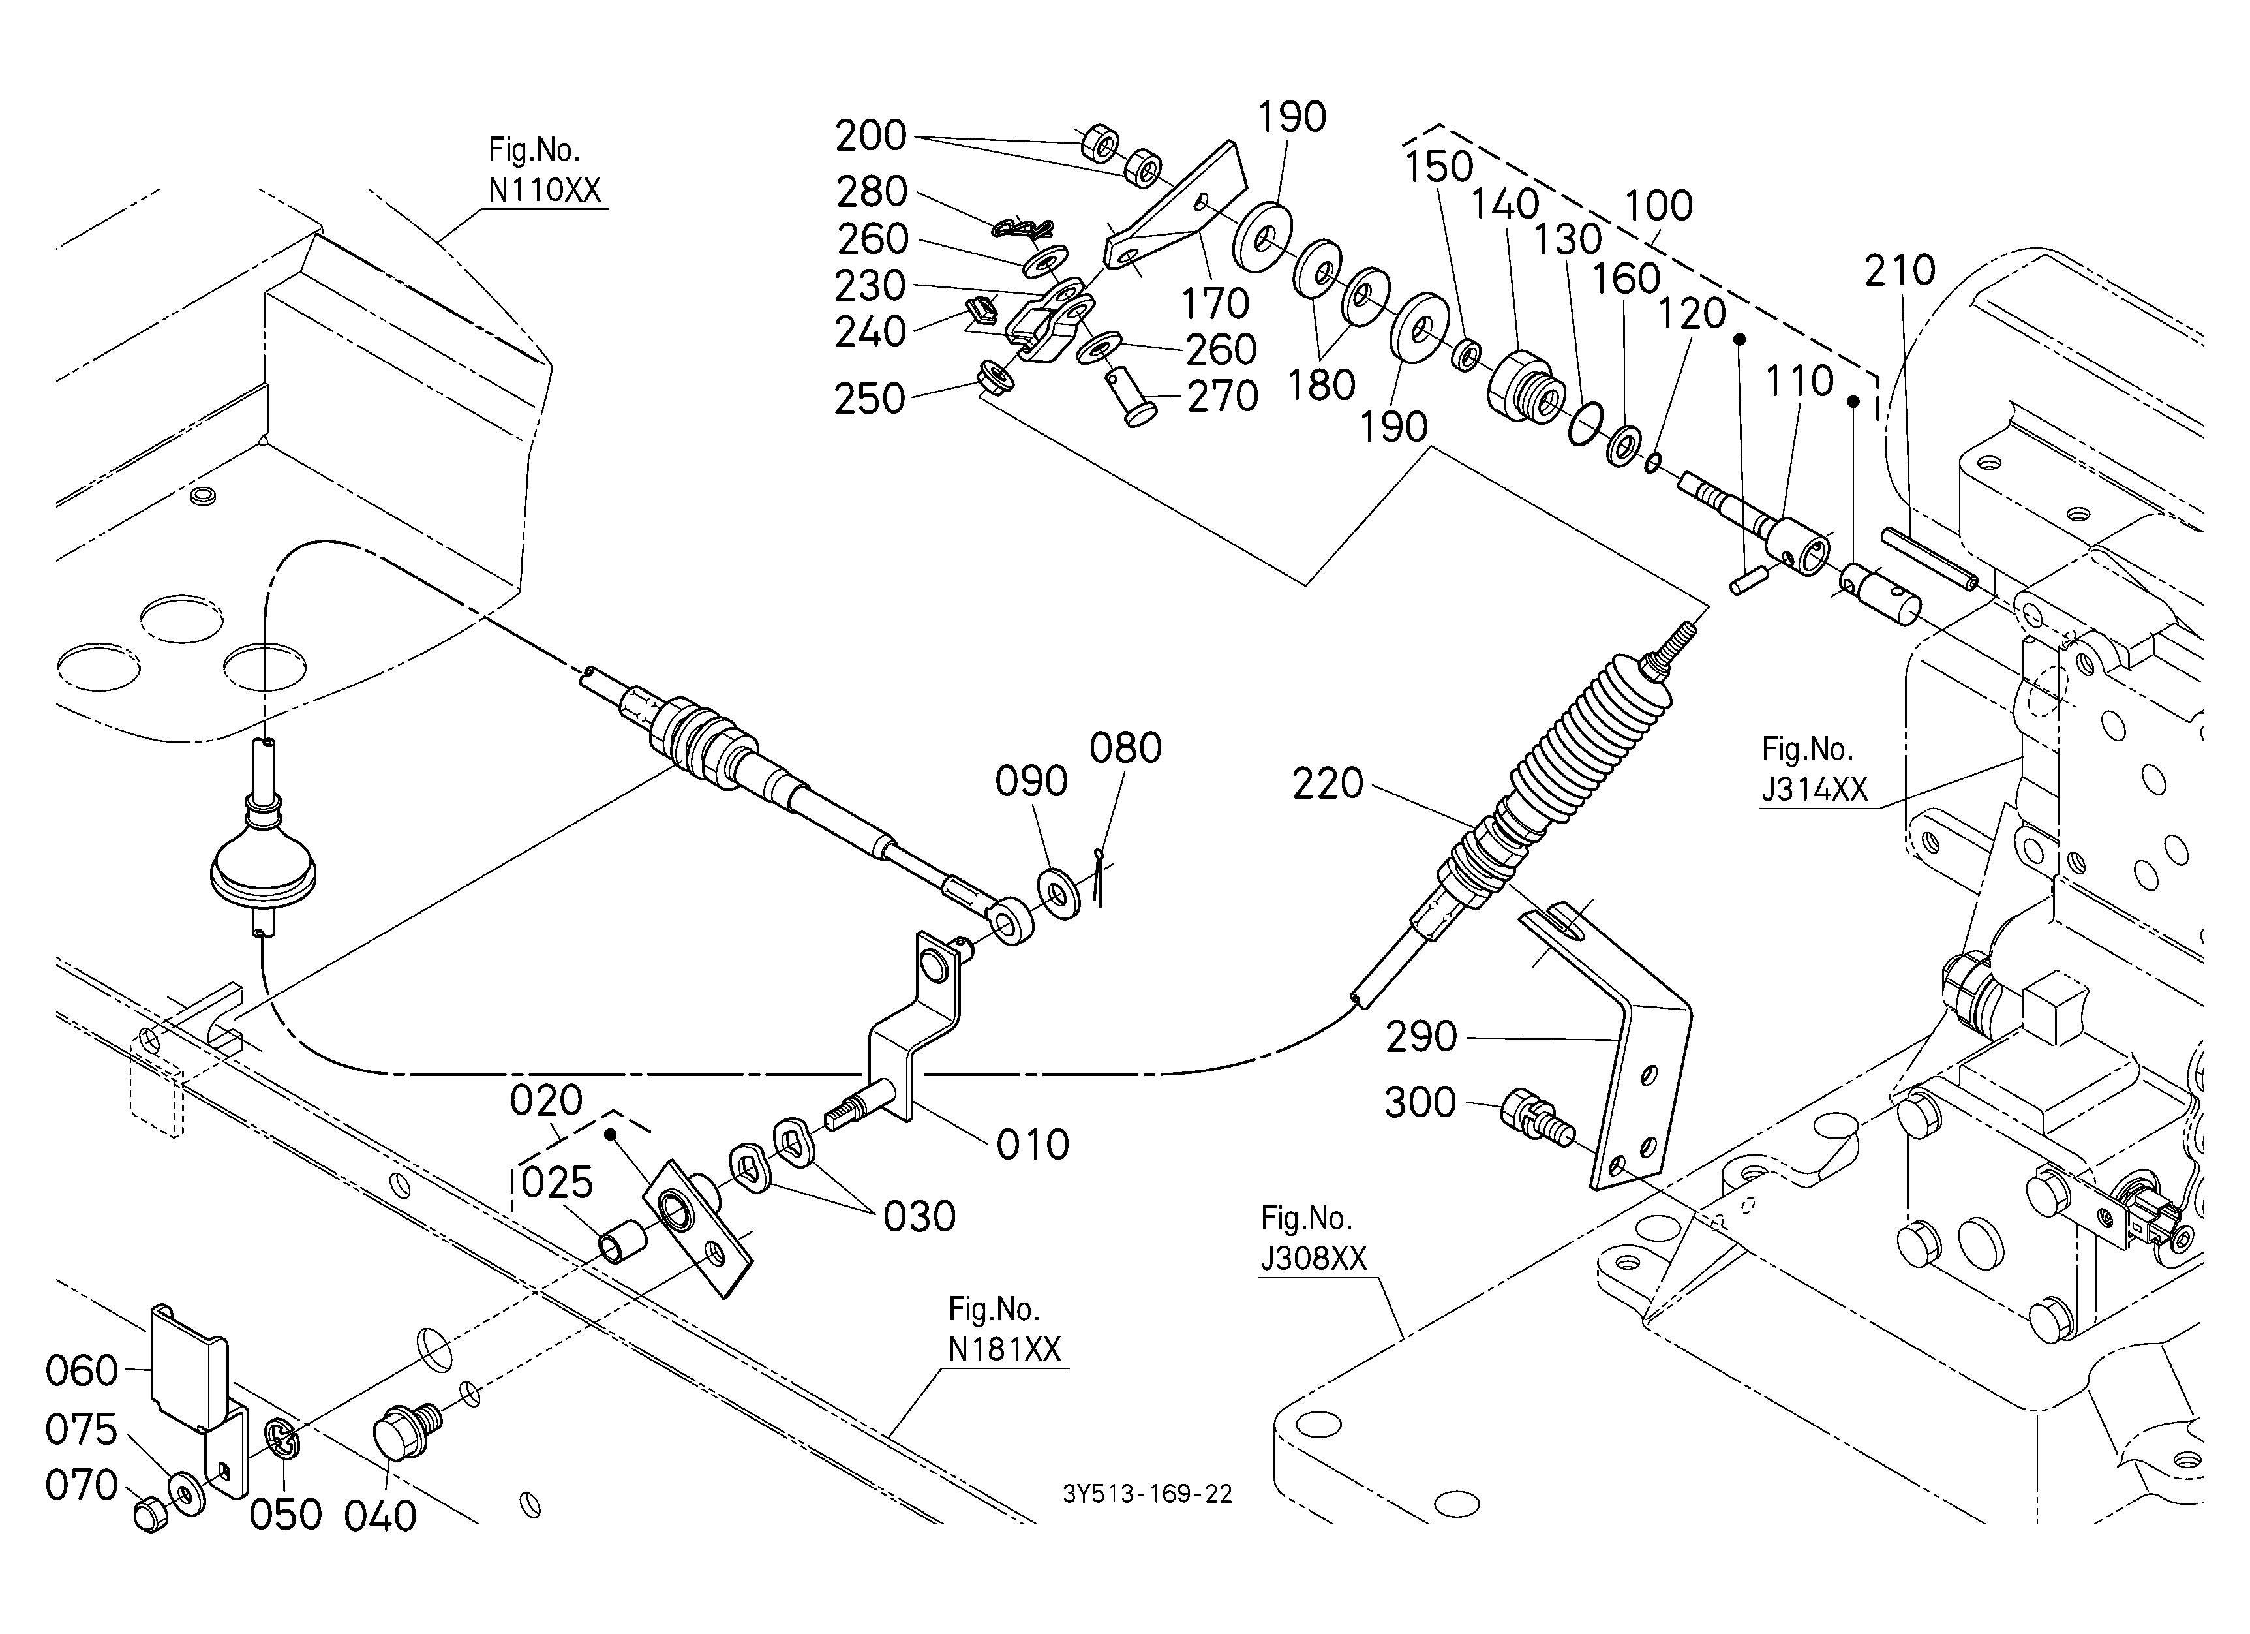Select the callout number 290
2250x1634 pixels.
pyautogui.click(x=1421, y=1037)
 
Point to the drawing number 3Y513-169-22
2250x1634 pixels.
pyautogui.click(x=1147, y=1494)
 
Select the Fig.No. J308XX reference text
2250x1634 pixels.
pyautogui.click(x=1313, y=1238)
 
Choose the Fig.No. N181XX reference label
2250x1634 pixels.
pyautogui.click(x=1004, y=1329)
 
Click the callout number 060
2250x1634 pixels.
pyautogui.click(x=82, y=1371)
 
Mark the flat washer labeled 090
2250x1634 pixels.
pyautogui.click(x=1061, y=893)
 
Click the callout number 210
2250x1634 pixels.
pyautogui.click(x=1899, y=270)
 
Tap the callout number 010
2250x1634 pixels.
pyautogui.click(x=1033, y=1145)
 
